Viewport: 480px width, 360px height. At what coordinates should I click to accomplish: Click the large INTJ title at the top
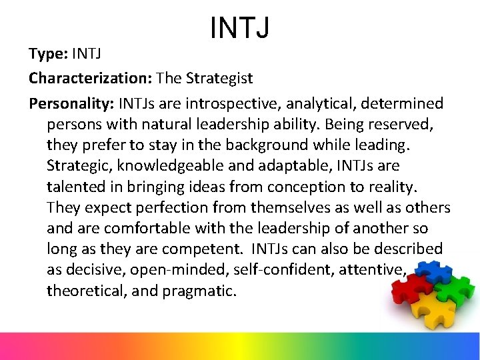(x=240, y=27)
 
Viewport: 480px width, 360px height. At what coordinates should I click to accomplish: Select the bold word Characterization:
(x=91, y=79)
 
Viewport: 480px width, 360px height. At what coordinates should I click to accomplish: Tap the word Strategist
(x=219, y=79)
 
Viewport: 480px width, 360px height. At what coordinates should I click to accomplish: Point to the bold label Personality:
(x=71, y=103)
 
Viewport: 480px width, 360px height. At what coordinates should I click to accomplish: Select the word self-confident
(x=281, y=269)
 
